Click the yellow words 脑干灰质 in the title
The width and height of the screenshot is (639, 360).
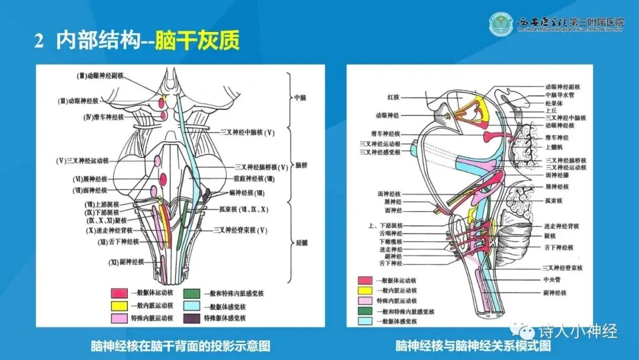[x=197, y=41]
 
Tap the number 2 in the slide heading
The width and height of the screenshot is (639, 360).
[x=39, y=41]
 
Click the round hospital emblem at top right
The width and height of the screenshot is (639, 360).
[x=501, y=23]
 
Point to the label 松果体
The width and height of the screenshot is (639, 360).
[x=554, y=102]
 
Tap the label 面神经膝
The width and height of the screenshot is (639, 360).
[x=557, y=175]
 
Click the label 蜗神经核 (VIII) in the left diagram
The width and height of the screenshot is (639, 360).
[x=247, y=193]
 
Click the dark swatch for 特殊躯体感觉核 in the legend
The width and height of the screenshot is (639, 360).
[x=191, y=318]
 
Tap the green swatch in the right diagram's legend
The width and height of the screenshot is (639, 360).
[x=366, y=311]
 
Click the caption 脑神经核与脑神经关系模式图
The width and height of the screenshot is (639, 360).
[x=473, y=345]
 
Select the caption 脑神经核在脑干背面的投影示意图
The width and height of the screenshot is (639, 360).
[x=180, y=345]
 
